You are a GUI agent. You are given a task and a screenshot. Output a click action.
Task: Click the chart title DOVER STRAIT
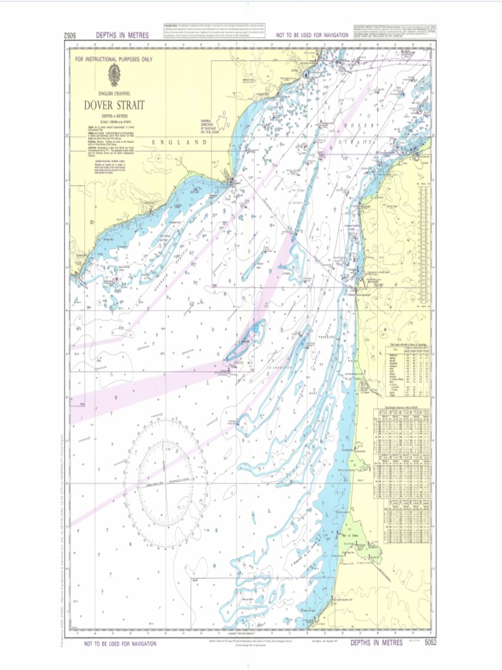[114, 105]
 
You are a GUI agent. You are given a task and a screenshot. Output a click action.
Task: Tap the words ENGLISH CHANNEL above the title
[114, 94]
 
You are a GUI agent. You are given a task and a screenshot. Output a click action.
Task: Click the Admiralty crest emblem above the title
[114, 75]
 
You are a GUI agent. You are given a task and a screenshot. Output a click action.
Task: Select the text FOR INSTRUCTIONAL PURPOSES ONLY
[114, 59]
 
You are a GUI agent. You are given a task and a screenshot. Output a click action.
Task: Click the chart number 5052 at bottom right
[429, 643]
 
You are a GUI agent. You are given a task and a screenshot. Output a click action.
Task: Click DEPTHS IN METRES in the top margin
[122, 35]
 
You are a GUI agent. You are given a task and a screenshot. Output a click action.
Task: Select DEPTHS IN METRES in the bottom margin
[376, 643]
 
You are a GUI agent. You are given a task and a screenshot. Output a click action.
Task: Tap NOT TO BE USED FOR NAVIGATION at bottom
[120, 644]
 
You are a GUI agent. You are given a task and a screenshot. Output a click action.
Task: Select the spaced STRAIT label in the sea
[358, 141]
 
